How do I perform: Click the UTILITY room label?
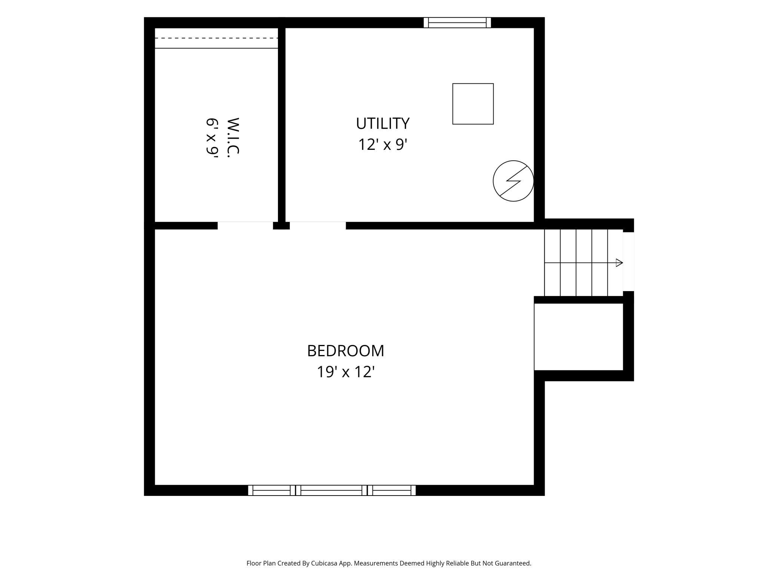(383, 123)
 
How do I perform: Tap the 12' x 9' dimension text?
(383, 144)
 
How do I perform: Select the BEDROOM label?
(346, 351)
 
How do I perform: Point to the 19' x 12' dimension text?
(346, 372)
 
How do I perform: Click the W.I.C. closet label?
(233, 136)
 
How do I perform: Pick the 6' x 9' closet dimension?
(212, 136)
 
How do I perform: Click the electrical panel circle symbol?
(513, 181)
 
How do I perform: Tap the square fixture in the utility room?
(473, 104)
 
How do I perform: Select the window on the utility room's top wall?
(457, 22)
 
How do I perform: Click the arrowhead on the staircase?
(619, 263)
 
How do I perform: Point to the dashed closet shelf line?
(216, 38)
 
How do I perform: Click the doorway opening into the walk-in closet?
(245, 225)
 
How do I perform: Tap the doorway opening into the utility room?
(318, 225)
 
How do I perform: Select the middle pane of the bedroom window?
(331, 490)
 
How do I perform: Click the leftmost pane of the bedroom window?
(272, 490)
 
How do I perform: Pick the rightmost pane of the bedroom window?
(392, 490)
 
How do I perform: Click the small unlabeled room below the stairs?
(579, 337)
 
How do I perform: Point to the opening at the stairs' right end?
(628, 262)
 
